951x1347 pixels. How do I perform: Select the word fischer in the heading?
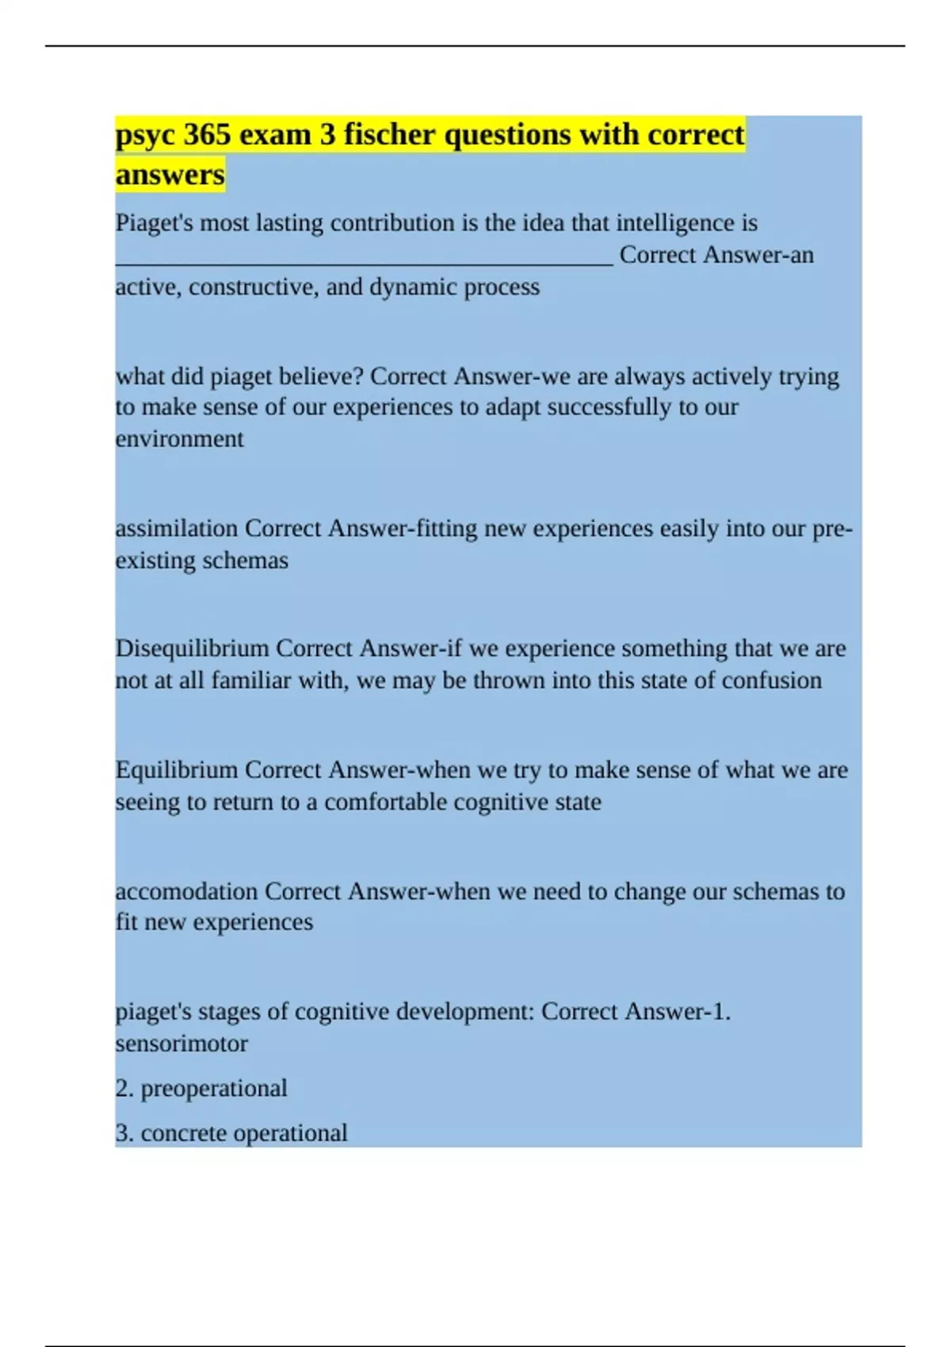tap(389, 135)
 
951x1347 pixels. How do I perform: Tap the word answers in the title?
tap(170, 174)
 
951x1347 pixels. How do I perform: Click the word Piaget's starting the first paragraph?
tap(155, 223)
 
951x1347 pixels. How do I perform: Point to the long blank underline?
tap(364, 261)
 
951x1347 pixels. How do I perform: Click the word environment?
tap(180, 439)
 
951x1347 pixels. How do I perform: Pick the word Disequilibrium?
tap(192, 649)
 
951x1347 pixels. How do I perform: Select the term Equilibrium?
tap(177, 770)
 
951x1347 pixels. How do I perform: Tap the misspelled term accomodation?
tap(186, 891)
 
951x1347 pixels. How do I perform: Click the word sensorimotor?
tap(181, 1044)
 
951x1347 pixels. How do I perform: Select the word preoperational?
tap(214, 1089)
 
